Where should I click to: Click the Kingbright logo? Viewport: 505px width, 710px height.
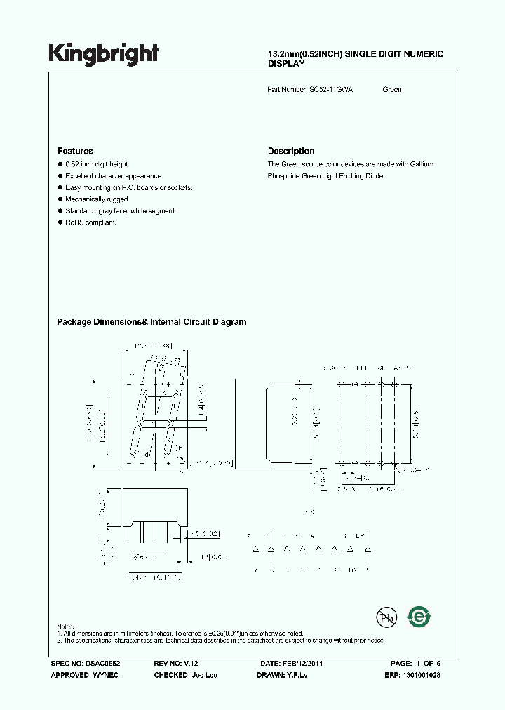(103, 54)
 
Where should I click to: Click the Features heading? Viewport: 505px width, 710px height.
(75, 151)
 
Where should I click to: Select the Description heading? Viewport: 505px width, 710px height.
(291, 151)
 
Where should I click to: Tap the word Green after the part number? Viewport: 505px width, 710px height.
(392, 90)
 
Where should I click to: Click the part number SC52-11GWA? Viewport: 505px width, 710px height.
(331, 90)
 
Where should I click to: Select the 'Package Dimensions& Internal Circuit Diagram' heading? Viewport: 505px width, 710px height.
(151, 322)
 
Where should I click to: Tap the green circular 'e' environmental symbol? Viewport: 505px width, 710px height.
(419, 617)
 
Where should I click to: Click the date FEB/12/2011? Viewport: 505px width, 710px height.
(302, 663)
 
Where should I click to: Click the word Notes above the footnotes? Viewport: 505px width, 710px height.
(65, 626)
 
